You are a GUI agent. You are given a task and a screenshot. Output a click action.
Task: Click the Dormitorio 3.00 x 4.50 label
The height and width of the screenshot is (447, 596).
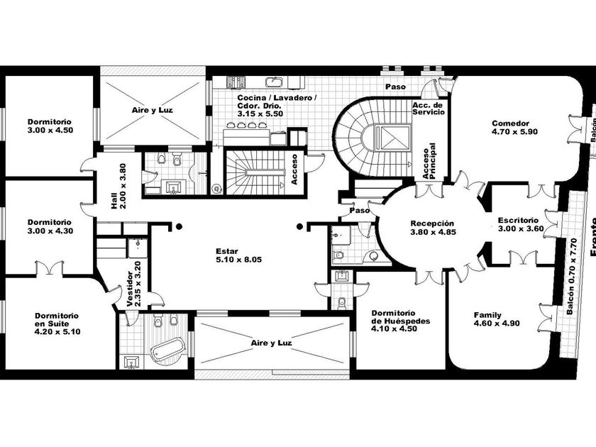tap(49, 126)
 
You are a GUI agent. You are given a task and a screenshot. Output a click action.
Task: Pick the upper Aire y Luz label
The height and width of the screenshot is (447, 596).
tap(153, 111)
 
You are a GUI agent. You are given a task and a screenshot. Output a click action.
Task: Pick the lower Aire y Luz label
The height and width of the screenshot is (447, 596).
tap(272, 342)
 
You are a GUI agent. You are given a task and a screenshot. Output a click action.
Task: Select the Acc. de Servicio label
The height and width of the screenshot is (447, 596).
tap(428, 109)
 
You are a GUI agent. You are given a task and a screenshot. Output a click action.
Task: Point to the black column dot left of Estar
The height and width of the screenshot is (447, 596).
tap(179, 226)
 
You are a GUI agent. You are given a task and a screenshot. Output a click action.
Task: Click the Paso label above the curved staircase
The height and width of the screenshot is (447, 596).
tap(395, 87)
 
